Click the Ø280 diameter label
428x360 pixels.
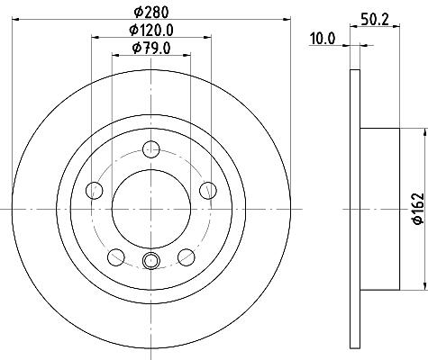click(151, 13)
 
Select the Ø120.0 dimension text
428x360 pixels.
click(151, 30)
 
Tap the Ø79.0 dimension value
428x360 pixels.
click(151, 48)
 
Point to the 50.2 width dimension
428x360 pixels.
click(375, 20)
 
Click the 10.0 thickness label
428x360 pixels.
click(323, 39)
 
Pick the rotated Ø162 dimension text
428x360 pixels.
click(418, 209)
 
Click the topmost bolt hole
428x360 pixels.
click(151, 149)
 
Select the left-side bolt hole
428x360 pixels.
click(95, 190)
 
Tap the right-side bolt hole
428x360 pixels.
click(208, 190)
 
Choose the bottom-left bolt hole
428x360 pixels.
click(116, 257)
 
